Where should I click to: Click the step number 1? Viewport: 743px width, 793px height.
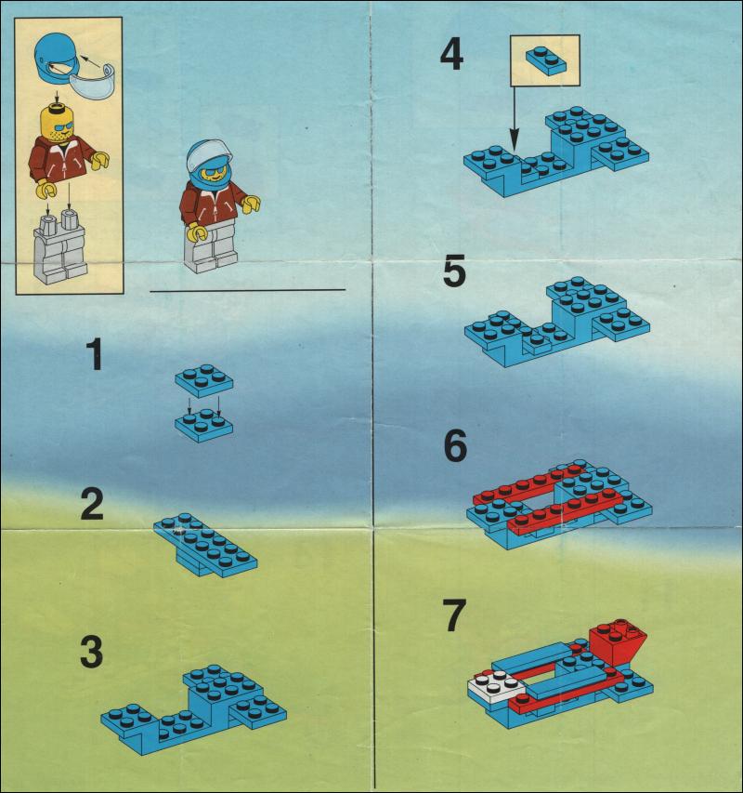click(95, 354)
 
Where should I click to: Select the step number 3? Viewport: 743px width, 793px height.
click(92, 653)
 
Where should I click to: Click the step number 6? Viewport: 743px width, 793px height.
click(455, 446)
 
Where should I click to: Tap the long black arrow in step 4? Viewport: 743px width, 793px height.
click(515, 118)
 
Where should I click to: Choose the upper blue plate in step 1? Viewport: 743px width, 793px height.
click(204, 380)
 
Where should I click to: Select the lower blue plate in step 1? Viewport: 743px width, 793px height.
click(204, 426)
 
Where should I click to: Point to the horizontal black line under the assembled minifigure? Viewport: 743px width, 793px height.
click(247, 290)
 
